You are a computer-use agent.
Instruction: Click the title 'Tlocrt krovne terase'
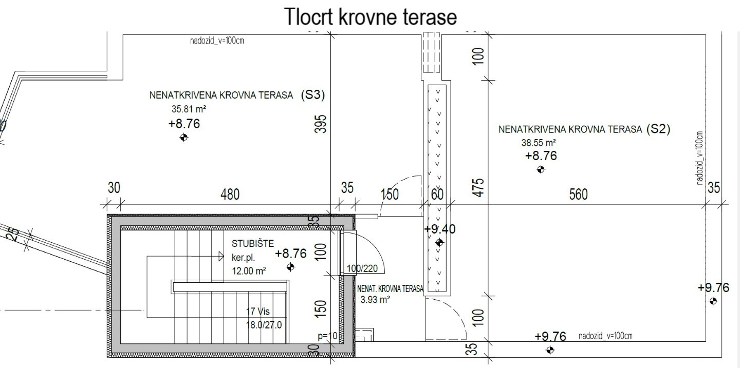click(x=371, y=16)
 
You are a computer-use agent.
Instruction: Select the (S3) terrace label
click(x=313, y=95)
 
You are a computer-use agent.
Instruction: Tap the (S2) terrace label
click(x=658, y=129)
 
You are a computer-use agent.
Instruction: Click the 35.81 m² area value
click(x=189, y=109)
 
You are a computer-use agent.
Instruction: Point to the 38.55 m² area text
click(x=539, y=143)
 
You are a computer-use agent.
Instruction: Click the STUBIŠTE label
click(x=253, y=244)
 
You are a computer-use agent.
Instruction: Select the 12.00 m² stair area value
click(x=249, y=271)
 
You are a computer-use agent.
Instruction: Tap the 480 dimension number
click(x=230, y=194)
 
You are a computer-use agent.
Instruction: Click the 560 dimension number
click(x=579, y=194)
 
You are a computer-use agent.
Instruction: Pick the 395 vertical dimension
click(x=321, y=124)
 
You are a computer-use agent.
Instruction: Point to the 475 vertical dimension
click(x=478, y=187)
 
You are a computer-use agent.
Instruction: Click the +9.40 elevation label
click(x=440, y=229)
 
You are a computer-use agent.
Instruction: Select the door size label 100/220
click(x=362, y=268)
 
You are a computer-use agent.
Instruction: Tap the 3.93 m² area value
click(x=375, y=300)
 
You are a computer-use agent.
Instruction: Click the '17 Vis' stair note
click(x=257, y=311)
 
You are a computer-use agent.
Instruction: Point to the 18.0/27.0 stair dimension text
click(x=264, y=325)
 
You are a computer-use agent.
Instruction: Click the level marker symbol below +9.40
click(x=439, y=243)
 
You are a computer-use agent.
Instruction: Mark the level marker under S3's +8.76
click(x=183, y=138)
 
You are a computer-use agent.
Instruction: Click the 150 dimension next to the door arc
click(x=390, y=195)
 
